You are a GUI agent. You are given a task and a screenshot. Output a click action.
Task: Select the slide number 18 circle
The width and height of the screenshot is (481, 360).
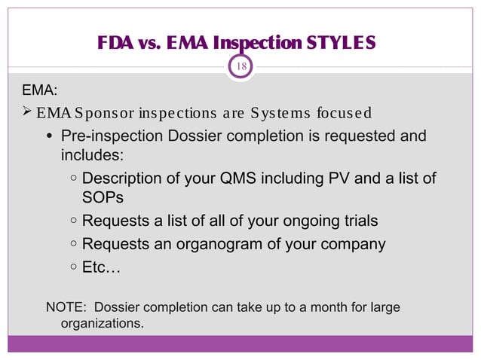pyautogui.click(x=241, y=66)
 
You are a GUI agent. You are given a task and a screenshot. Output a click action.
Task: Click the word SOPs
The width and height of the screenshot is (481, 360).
pyautogui.click(x=103, y=198)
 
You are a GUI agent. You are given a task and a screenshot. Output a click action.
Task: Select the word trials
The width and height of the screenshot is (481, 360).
pyautogui.click(x=358, y=221)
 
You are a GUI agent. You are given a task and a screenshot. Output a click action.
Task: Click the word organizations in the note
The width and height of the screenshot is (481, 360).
pyautogui.click(x=100, y=325)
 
